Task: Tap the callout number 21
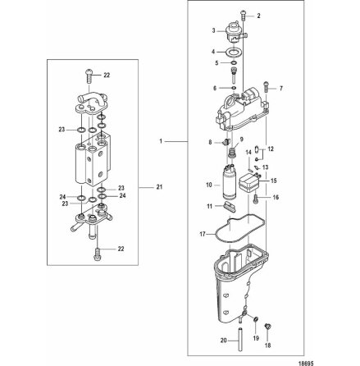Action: pos(158,187)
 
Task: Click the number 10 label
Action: pos(209,186)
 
